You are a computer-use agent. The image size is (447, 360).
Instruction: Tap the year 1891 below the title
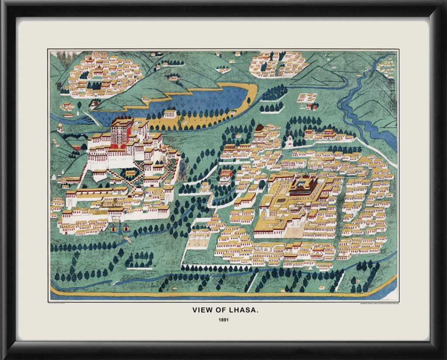pyautogui.click(x=223, y=320)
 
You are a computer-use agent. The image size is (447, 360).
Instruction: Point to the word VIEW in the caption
pyautogui.click(x=202, y=310)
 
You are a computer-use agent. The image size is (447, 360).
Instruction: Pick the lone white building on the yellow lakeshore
pyautogui.click(x=170, y=114)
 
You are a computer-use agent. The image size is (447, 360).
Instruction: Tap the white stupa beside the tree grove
pyautogui.click(x=289, y=141)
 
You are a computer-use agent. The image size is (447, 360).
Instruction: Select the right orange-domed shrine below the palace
pyautogui.click(x=126, y=228)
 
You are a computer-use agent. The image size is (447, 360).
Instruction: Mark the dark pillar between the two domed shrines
pyautogui.click(x=120, y=227)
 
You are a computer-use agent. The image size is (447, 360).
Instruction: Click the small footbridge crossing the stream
pyautogui.click(x=128, y=240)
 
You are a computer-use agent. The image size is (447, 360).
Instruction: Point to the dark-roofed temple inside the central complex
pyautogui.click(x=304, y=186)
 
